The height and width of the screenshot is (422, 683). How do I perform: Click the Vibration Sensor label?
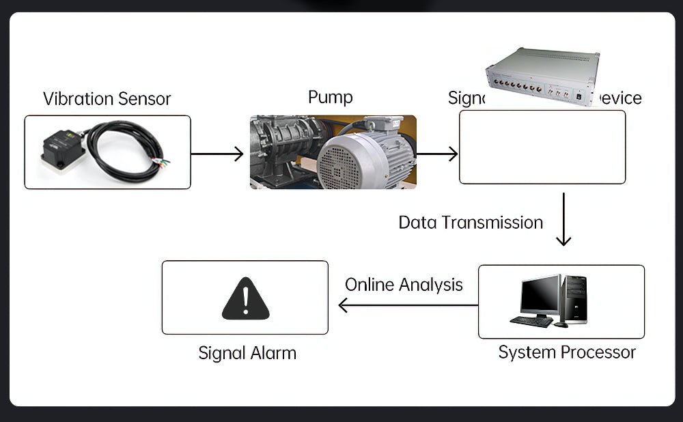tap(107, 98)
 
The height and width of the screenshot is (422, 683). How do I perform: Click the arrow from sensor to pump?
tap(217, 154)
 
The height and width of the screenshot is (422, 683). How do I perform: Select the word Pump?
tap(330, 97)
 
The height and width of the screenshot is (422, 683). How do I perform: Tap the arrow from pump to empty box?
tap(436, 154)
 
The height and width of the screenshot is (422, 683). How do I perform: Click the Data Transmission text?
tap(471, 223)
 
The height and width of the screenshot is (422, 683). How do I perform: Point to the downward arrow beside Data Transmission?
tap(563, 219)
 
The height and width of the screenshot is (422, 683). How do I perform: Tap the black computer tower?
tap(574, 298)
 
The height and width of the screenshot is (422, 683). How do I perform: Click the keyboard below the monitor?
tap(531, 321)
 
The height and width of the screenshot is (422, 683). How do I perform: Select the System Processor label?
tap(567, 352)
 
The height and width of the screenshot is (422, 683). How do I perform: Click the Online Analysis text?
tap(404, 284)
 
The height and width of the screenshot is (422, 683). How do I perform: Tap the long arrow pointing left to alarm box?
tap(408, 305)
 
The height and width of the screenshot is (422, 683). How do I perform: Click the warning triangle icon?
tap(245, 298)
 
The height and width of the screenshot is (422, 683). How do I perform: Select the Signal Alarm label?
tap(247, 353)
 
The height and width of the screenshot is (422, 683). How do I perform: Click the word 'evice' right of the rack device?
tap(620, 98)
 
